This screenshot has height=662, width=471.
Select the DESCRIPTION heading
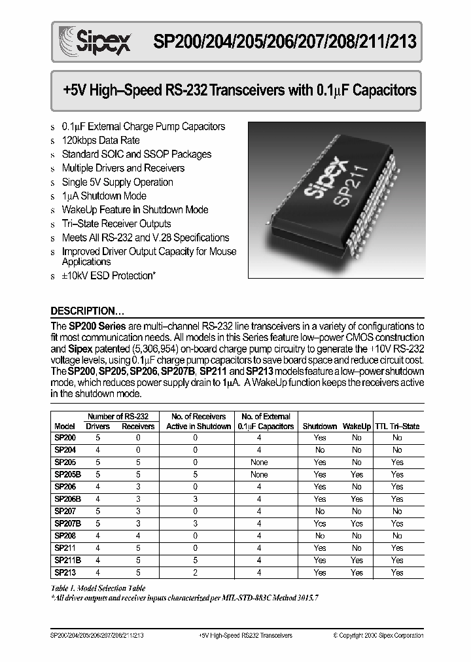[88, 311]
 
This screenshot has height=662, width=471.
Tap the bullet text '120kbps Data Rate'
[100, 140]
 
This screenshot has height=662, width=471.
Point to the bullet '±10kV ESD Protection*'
[108, 275]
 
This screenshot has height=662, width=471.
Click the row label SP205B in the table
[66, 474]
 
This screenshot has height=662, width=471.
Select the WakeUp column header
[357, 427]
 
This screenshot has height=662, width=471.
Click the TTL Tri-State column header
[397, 427]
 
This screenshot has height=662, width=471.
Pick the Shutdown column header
[320, 427]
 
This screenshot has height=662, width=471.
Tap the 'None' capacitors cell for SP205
[259, 462]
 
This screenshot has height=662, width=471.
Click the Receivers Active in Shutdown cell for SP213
[195, 572]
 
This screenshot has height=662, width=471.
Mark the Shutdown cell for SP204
[320, 450]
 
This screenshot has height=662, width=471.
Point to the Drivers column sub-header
[98, 427]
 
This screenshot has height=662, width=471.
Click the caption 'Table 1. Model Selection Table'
[98, 589]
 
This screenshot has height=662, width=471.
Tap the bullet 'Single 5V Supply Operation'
[117, 182]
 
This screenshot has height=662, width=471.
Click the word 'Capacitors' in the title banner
[384, 90]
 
